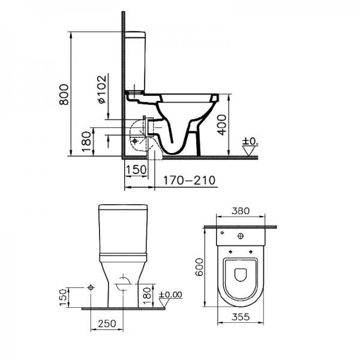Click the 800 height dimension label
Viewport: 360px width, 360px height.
(64, 95)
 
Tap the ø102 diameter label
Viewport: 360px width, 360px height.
(103, 89)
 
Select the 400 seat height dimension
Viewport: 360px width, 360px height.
(222, 125)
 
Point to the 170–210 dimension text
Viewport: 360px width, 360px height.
(189, 181)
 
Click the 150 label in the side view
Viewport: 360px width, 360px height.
(136, 170)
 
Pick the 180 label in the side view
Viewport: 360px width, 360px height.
(86, 142)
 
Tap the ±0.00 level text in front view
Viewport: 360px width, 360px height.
(170, 295)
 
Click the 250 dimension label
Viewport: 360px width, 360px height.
(107, 324)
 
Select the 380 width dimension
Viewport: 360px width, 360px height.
(241, 211)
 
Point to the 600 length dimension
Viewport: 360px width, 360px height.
(199, 267)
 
